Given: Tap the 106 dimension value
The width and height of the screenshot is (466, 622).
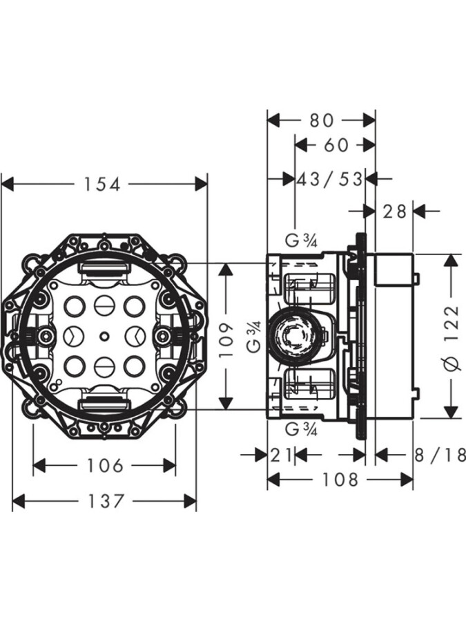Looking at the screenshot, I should coord(104,466).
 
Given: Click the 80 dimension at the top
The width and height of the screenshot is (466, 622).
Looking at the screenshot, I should coord(321,120).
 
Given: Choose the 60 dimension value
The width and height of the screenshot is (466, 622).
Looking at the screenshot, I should coord(335,145).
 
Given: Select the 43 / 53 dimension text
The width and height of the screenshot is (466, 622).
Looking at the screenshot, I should coord(330,179).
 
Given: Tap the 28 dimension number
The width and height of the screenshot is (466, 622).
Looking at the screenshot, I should coord(395,211).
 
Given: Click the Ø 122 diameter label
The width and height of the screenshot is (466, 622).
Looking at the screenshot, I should coord(452,336).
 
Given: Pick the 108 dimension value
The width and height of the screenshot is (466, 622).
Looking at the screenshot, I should coord(340,480).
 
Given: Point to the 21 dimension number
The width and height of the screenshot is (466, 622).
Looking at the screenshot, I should coord(281,455).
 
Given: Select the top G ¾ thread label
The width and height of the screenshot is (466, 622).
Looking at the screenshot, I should coord(301,241).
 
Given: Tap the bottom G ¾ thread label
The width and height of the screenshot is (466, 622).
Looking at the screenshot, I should coord(301,430).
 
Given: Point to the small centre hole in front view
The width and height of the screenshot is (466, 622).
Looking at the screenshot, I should coord(103,337).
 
